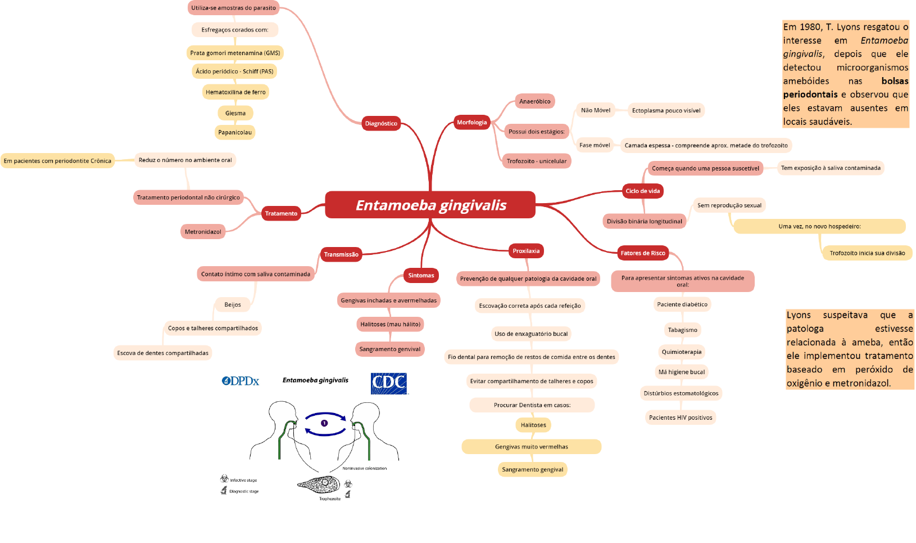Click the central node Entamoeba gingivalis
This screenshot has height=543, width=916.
430,205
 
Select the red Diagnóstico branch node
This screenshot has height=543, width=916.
381,123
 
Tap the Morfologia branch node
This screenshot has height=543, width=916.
471,122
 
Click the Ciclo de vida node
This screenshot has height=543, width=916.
642,191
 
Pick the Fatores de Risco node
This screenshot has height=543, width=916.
642,253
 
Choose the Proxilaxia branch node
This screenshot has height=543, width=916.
526,251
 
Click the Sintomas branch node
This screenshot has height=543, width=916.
421,275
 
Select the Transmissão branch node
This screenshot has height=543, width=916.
341,254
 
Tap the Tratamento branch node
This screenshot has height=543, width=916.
281,213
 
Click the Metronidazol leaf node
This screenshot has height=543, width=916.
203,232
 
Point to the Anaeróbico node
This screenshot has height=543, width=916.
534,101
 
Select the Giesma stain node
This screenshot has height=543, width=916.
235,113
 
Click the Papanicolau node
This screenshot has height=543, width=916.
235,132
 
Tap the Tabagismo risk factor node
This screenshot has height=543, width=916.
682,330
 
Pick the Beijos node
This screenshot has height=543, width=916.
233,304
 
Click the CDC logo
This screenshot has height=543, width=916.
389,383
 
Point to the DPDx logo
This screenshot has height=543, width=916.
241,381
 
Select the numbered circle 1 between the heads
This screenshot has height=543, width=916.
324,423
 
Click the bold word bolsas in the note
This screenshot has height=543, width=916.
895,81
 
